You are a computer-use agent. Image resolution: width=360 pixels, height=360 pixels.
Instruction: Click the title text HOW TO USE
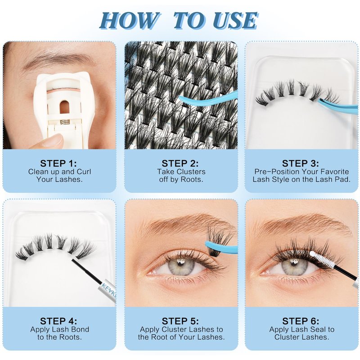point(179,21)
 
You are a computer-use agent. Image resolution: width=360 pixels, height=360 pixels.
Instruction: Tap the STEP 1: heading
point(58,163)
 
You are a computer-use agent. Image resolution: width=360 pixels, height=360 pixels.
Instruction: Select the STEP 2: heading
point(180,163)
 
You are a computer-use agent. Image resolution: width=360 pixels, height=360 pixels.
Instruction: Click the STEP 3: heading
point(301,163)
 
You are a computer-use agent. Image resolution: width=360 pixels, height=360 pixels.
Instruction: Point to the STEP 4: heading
point(58,321)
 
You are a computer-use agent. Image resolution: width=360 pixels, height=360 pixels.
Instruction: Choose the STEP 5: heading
point(180,321)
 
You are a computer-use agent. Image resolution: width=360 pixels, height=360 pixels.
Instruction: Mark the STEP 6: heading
point(301,321)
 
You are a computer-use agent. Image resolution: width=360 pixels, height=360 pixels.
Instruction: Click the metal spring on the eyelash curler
point(65,122)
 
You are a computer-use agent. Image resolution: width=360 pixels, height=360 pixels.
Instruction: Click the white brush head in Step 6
point(320,258)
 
